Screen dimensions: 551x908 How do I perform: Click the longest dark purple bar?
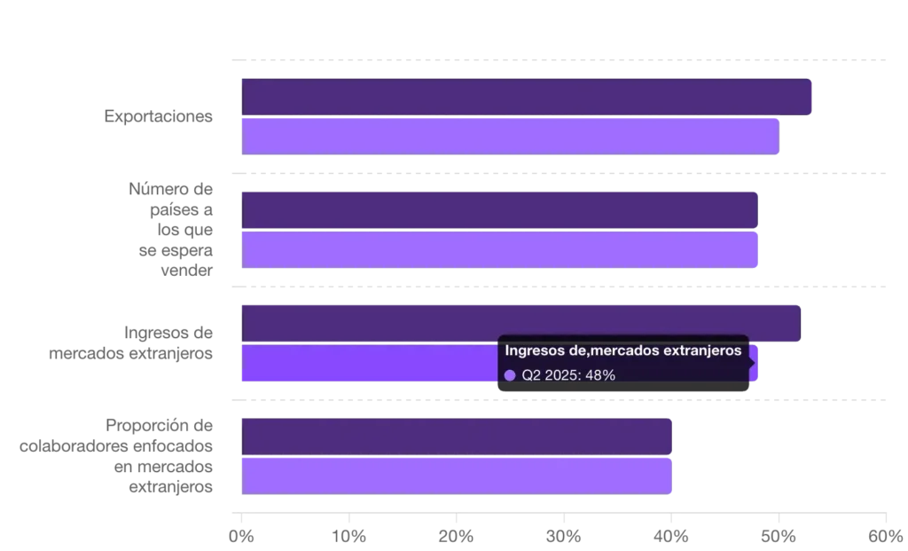tap(528, 97)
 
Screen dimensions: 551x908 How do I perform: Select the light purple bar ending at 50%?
tap(510, 137)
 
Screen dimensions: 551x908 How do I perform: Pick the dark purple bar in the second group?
tap(499, 209)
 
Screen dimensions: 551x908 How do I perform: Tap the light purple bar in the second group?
tap(499, 250)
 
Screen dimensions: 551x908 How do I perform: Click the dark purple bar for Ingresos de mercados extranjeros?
tap(521, 321)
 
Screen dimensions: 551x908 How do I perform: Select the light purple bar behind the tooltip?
tap(368, 364)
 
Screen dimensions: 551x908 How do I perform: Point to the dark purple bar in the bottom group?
tap(457, 435)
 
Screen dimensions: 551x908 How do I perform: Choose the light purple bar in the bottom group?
tap(457, 476)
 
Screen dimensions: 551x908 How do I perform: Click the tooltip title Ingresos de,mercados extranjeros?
tap(623, 350)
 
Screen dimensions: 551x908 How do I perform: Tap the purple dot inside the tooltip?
tap(510, 375)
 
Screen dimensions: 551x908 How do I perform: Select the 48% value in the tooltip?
tap(600, 375)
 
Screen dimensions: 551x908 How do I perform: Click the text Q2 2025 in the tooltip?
tap(549, 375)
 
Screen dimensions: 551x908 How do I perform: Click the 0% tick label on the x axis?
tap(241, 535)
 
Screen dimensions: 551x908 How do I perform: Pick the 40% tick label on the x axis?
tap(672, 535)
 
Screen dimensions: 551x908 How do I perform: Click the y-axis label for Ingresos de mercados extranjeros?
tap(129, 342)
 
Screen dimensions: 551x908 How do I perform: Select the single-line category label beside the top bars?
tap(156, 116)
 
